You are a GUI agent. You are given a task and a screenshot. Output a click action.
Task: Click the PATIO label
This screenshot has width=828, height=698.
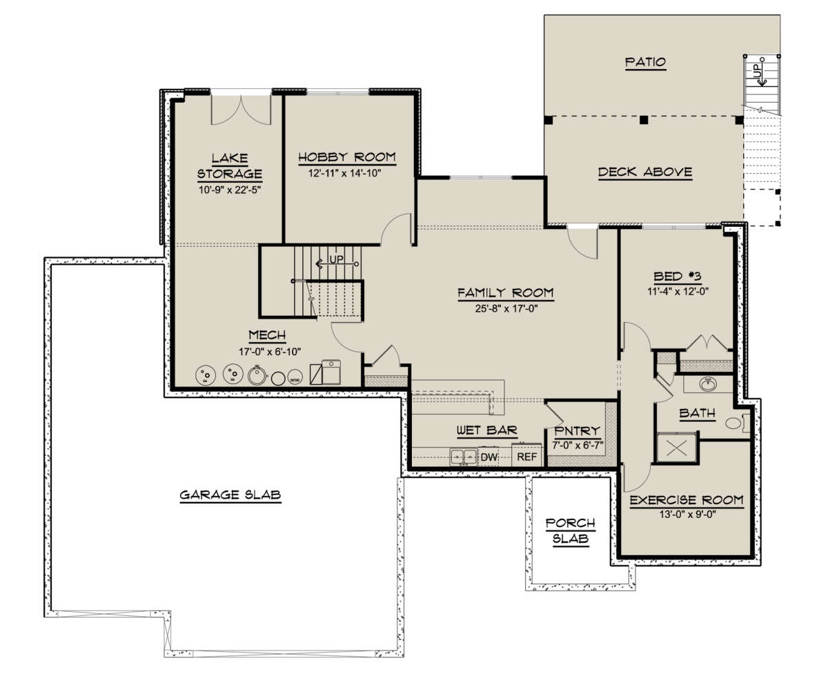[x=645, y=62]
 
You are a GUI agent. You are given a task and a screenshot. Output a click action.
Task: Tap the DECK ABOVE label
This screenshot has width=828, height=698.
[x=644, y=172]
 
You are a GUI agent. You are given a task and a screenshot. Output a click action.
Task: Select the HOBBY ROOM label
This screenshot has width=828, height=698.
[x=347, y=157]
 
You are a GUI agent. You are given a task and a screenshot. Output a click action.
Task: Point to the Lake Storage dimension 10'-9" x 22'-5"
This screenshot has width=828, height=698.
[x=230, y=190]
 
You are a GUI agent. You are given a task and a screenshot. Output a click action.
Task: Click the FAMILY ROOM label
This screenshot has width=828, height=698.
[x=506, y=293]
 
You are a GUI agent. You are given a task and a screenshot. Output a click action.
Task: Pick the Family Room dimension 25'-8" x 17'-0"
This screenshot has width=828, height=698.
[x=506, y=308]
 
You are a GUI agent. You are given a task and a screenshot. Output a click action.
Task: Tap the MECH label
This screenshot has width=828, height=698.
[x=267, y=335]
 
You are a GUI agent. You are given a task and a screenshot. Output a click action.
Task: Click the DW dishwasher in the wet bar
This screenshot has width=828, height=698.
[x=489, y=457]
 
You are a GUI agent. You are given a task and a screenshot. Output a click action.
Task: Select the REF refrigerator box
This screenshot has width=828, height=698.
[x=526, y=456]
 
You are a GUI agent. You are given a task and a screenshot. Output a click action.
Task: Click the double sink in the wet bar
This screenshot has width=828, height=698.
[x=463, y=457]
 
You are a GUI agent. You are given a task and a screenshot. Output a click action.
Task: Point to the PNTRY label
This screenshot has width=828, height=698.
[x=578, y=430]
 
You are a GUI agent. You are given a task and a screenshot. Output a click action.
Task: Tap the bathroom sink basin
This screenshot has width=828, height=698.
[x=708, y=384]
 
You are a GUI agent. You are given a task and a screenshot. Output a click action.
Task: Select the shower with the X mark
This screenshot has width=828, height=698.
[x=676, y=448]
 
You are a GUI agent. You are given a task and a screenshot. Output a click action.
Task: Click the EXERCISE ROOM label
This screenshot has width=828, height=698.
[x=687, y=500]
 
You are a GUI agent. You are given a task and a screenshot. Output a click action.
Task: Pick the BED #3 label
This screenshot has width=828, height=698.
[x=678, y=277]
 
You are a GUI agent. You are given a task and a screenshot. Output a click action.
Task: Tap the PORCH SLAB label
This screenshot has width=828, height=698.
[x=570, y=531]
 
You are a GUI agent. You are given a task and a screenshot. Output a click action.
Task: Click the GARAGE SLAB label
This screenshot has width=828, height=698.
[x=230, y=495]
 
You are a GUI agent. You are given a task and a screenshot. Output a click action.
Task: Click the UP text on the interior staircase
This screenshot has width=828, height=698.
[x=337, y=259]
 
